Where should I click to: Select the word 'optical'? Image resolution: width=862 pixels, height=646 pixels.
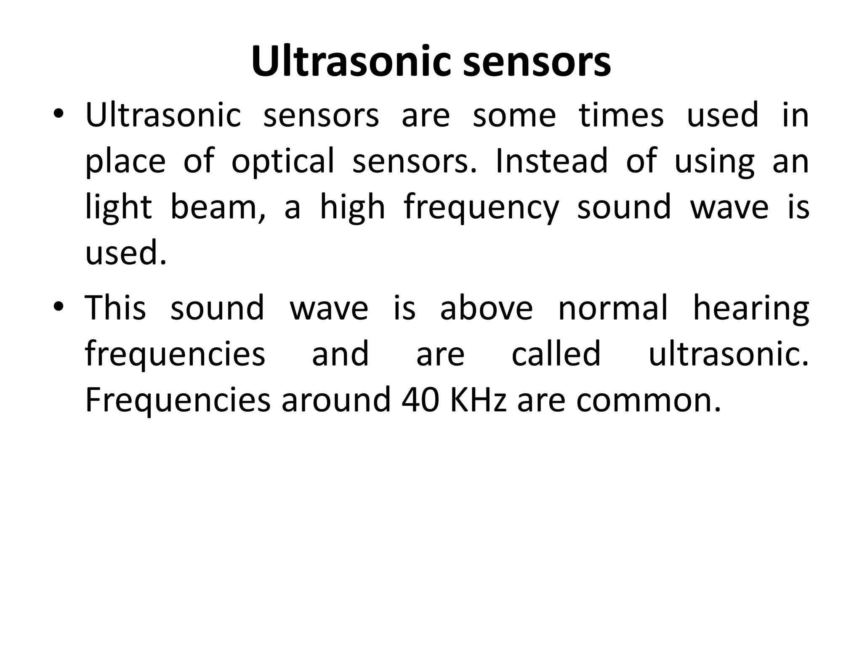coord(283,161)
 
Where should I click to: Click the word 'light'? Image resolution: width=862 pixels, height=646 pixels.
coord(118,208)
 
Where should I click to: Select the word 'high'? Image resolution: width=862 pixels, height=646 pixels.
coord(352,208)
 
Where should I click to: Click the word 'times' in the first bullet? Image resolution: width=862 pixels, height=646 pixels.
coord(621,115)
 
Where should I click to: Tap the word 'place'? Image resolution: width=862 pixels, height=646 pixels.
coord(125,161)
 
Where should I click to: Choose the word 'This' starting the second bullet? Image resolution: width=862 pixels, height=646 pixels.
coord(115,307)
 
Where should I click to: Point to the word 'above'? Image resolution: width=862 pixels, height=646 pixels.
coord(486,307)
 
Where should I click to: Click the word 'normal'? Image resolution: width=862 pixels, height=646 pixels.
coord(613,307)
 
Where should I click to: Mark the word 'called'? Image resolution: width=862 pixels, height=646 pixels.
coord(556,354)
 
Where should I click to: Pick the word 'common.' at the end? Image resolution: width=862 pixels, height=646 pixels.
coord(648,401)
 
